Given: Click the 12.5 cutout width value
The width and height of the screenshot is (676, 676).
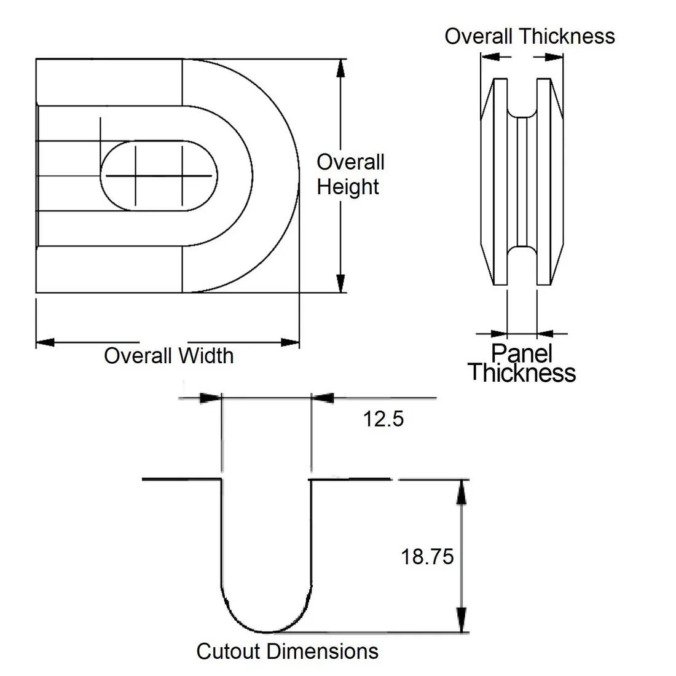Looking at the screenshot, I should pyautogui.click(x=383, y=419).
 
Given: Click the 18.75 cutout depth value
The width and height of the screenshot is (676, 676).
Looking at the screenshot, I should pyautogui.click(x=427, y=557).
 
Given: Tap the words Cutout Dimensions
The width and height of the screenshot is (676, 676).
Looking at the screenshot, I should pyautogui.click(x=287, y=651).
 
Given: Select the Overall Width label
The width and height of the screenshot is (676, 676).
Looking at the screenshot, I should pyautogui.click(x=168, y=356).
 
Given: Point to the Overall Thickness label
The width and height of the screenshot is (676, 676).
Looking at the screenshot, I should pyautogui.click(x=529, y=36).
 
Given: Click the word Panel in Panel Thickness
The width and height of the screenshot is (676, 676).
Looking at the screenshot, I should pyautogui.click(x=522, y=353).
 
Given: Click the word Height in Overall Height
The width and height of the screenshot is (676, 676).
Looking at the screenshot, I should pyautogui.click(x=348, y=187).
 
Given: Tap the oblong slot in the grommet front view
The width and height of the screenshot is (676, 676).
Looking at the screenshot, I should pyautogui.click(x=159, y=176).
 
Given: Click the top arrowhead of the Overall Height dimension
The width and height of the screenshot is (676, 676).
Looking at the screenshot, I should pyautogui.click(x=339, y=67).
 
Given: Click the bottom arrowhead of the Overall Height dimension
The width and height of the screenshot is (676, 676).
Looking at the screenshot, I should pyautogui.click(x=339, y=284).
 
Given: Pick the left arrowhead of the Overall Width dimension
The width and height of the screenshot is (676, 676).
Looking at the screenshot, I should pyautogui.click(x=45, y=342).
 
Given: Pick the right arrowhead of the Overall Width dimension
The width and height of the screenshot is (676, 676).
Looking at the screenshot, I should pyautogui.click(x=290, y=342).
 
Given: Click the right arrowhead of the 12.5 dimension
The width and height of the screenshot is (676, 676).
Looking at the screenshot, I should pyautogui.click(x=322, y=398).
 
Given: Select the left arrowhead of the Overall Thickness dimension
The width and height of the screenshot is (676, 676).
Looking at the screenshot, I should pyautogui.click(x=489, y=57).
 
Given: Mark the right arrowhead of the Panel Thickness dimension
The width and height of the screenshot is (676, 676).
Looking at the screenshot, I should pyautogui.click(x=545, y=334).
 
